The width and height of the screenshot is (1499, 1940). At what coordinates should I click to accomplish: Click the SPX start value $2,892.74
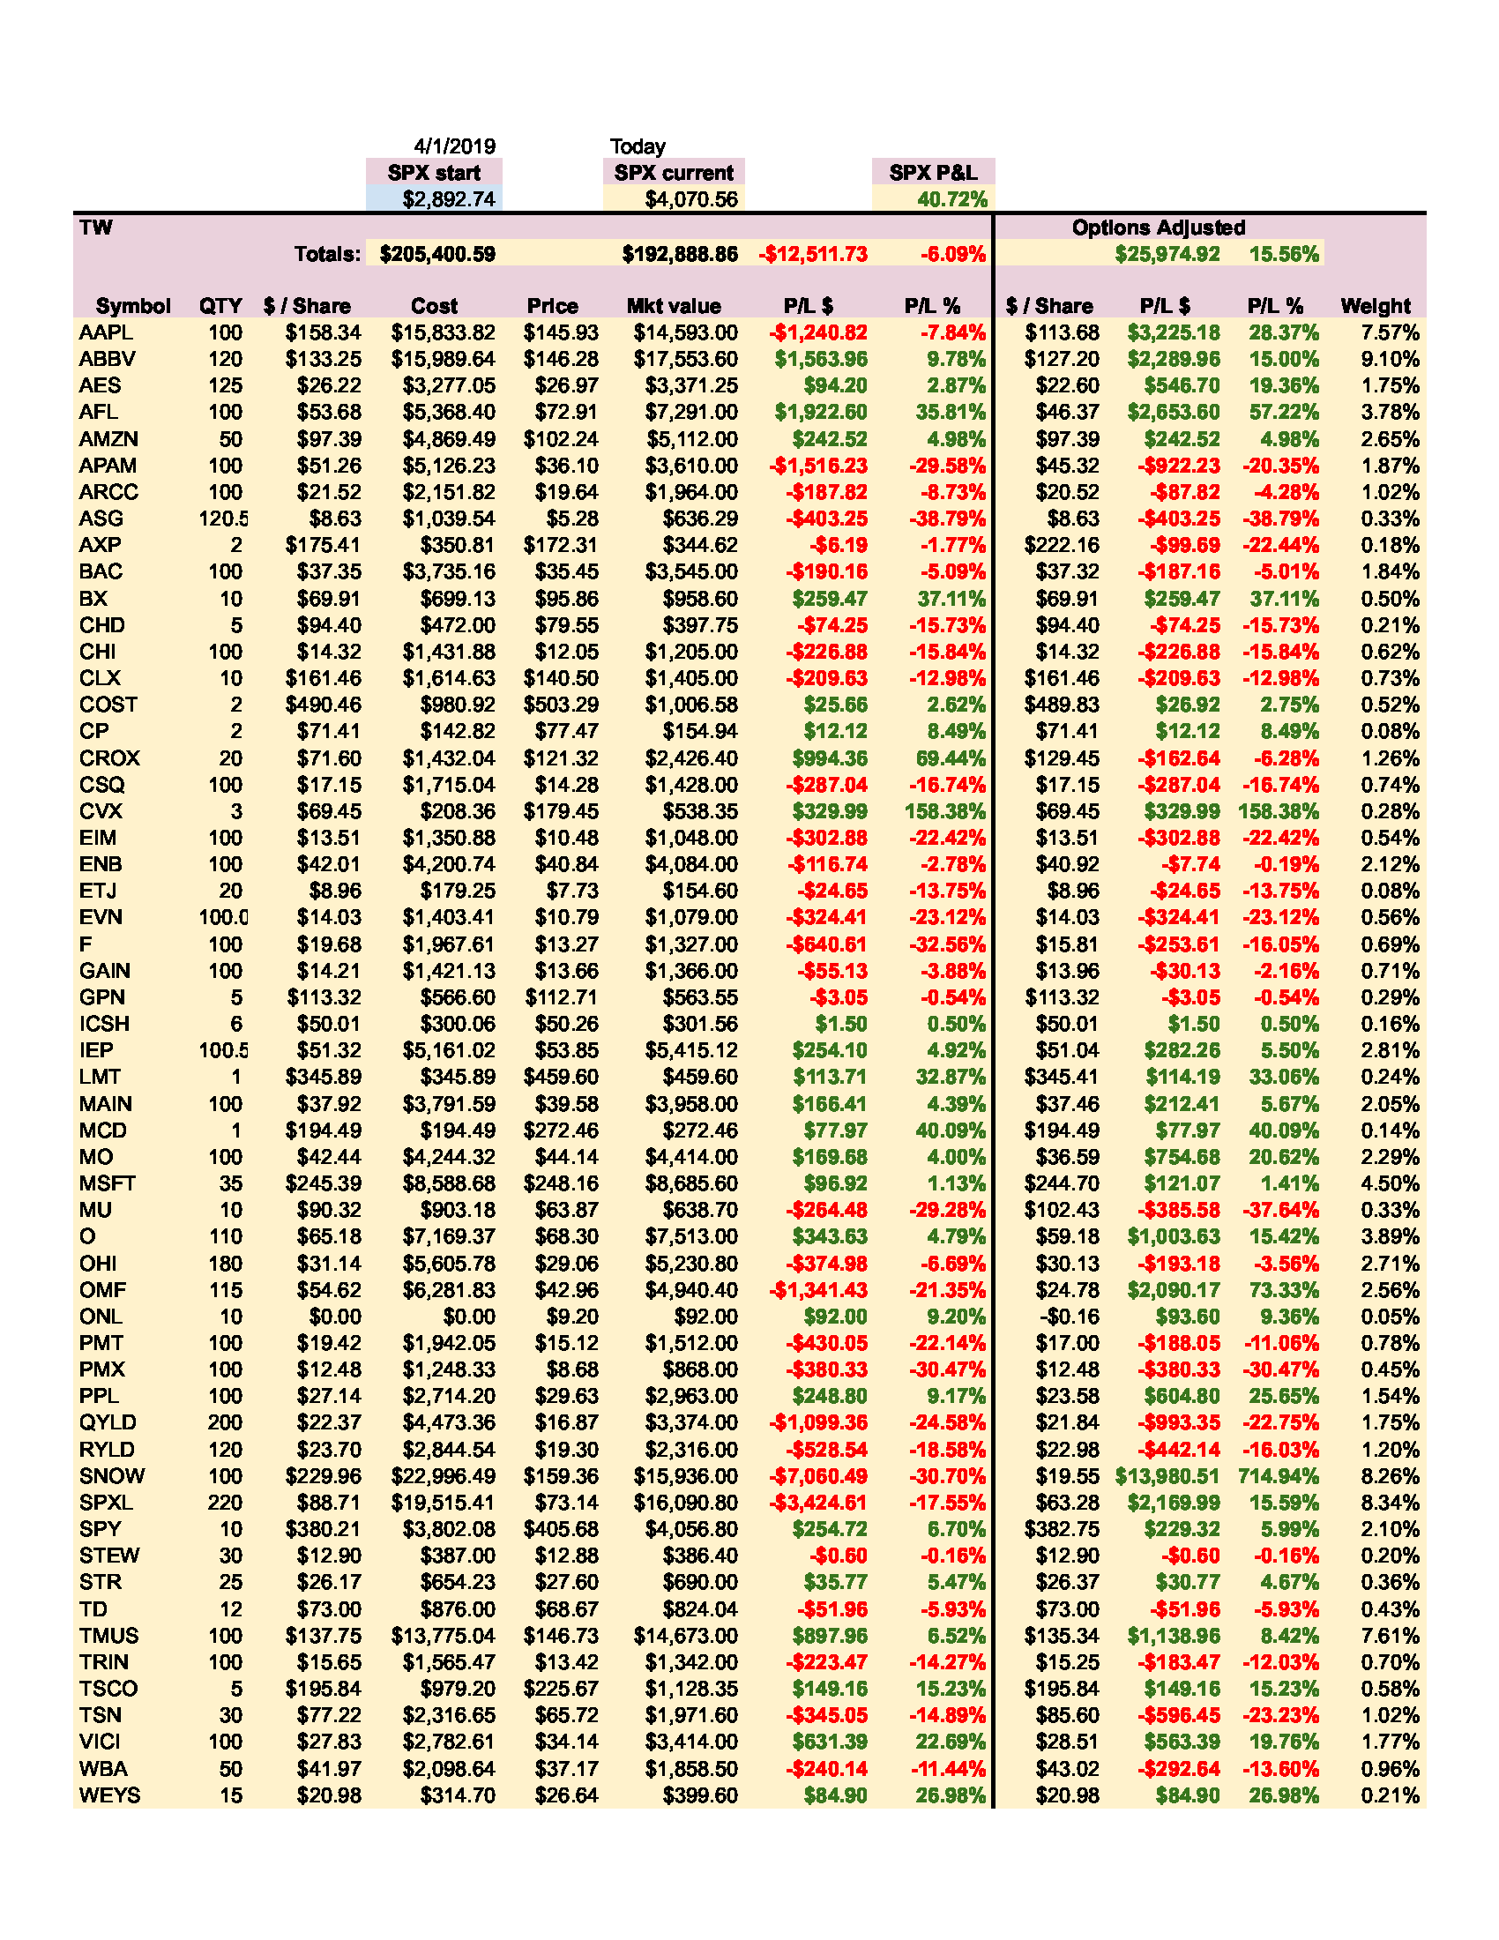(449, 199)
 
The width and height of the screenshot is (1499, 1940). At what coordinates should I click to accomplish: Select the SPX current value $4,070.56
(691, 199)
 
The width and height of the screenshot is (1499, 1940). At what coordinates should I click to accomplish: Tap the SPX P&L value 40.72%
(951, 199)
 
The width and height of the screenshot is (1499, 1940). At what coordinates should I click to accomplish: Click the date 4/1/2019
(454, 146)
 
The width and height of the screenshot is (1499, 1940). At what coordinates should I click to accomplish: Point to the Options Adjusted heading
(1158, 228)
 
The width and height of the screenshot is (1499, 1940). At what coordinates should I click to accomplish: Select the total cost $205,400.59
(436, 254)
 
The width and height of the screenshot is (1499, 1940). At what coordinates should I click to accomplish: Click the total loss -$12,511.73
(813, 254)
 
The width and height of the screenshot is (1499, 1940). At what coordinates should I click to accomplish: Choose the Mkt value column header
(673, 306)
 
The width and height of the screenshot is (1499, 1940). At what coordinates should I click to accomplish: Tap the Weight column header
(1375, 306)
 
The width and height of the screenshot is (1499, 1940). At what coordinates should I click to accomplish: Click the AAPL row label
(106, 332)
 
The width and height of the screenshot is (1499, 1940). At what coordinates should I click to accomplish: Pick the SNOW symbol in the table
(112, 1475)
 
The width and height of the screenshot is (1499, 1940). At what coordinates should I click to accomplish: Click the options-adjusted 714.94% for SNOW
(1277, 1475)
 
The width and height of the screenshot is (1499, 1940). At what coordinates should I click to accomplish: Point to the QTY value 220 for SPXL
(225, 1502)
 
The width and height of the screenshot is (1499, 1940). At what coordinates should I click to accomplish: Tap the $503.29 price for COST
(560, 705)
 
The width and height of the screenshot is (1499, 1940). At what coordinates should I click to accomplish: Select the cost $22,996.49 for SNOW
(444, 1475)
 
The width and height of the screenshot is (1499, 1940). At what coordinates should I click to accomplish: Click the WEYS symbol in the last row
(110, 1795)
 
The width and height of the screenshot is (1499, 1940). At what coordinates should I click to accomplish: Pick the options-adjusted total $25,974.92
(1167, 254)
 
